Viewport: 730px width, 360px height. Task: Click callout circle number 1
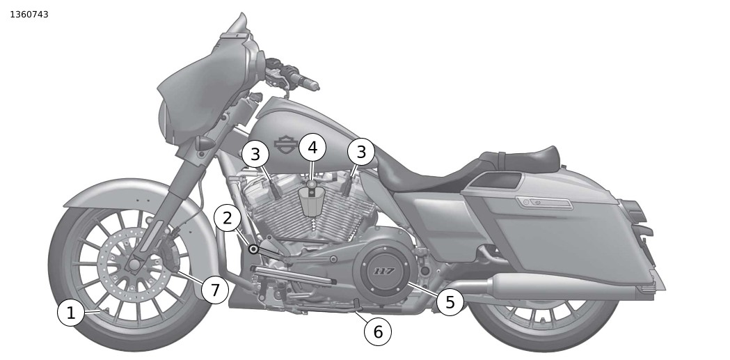click(70, 313)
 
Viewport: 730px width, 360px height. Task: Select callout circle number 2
click(228, 219)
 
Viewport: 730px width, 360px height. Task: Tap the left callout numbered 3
click(255, 155)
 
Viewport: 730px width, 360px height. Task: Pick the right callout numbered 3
click(360, 152)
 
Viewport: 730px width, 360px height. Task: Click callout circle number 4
click(312, 148)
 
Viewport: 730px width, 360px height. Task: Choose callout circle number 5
click(450, 302)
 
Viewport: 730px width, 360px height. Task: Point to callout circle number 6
click(378, 331)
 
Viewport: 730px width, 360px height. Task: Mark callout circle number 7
click(215, 289)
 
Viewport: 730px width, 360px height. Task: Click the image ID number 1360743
click(29, 14)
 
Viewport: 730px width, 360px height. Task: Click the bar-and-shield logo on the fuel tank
click(285, 143)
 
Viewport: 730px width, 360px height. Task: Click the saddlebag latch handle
click(543, 203)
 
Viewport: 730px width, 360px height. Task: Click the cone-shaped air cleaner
click(312, 202)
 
